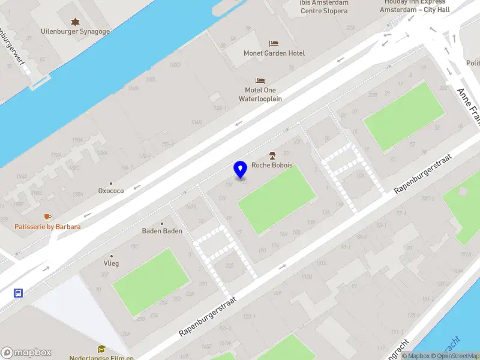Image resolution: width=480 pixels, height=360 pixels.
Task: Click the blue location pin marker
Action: point(241,170)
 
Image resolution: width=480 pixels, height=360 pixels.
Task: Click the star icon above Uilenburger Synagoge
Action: point(75,22)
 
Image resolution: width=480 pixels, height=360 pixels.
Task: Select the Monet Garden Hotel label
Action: point(274,53)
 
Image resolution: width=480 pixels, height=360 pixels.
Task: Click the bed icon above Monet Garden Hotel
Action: point(274,44)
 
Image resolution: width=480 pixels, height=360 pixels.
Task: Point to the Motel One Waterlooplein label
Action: point(260,94)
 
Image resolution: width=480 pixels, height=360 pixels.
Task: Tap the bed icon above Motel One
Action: point(260,80)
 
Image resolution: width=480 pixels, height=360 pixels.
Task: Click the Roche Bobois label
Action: point(272,165)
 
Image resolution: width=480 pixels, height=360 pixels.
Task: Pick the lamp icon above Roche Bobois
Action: point(272,155)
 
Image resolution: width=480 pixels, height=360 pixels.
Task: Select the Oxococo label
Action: point(111,191)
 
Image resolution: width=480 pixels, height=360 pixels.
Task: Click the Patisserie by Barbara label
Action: point(47,227)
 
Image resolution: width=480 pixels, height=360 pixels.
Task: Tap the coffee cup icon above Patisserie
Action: point(47,217)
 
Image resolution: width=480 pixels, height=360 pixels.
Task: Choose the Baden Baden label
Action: point(162,231)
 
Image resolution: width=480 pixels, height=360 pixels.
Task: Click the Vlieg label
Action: point(111,263)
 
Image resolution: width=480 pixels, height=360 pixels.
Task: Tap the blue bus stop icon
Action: point(19,293)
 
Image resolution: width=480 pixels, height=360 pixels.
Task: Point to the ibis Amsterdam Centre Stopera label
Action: point(324,7)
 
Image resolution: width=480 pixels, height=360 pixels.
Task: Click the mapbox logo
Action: point(26,353)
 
